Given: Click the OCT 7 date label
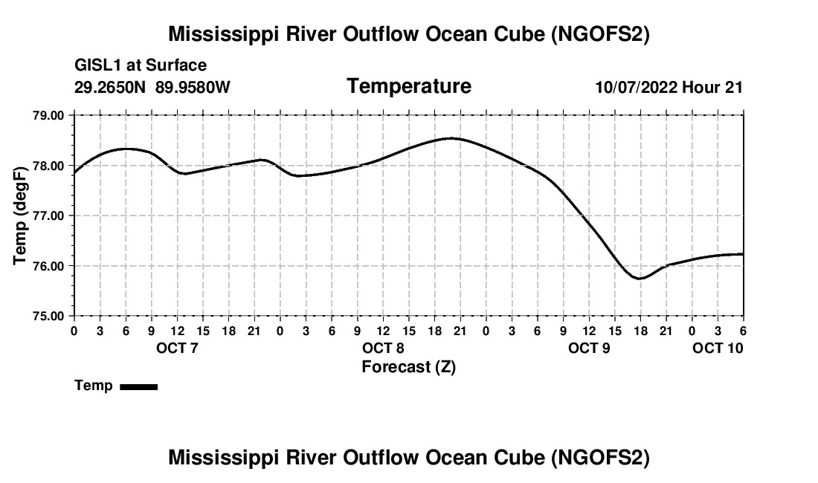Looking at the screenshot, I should pos(177,348).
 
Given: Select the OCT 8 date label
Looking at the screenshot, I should pos(383,348).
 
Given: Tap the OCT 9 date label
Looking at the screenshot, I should pos(589,348).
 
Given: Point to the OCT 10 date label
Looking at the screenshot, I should pos(718,348).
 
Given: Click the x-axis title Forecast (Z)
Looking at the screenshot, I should pos(408,366).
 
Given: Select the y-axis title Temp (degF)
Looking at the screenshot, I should pos(21,215).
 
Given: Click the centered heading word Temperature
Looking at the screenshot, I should pos(409,86).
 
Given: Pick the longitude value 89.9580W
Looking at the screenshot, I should pos(193,88).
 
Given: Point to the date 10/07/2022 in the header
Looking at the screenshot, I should pos(636,88).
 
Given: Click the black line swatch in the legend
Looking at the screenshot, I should pos(138,386).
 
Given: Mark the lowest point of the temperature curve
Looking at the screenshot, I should pos(640,279).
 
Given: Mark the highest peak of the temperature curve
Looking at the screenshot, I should pos(453,138).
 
